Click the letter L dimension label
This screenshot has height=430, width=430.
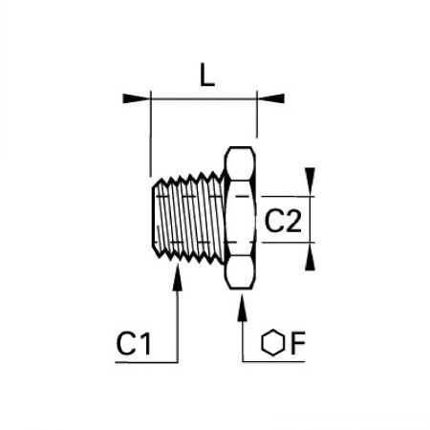(207, 75)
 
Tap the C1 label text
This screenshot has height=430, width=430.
(134, 343)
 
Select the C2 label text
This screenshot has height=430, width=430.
(283, 221)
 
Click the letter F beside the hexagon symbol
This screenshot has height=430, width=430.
(298, 343)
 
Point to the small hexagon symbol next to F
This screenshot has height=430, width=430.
(272, 342)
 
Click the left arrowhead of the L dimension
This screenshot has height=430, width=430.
(137, 98)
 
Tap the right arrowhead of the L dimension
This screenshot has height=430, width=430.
(270, 98)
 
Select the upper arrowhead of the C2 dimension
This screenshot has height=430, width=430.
(310, 182)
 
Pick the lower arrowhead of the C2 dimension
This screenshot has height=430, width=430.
(310, 256)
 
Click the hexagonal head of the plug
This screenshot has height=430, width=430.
(240, 218)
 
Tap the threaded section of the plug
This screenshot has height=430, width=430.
(188, 218)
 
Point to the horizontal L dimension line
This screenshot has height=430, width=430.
(204, 98)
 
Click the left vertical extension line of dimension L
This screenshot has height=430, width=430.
(150, 134)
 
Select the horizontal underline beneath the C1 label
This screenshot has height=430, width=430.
(146, 362)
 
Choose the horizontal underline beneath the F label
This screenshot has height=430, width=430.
(273, 361)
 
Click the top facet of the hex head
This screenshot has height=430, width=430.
(240, 163)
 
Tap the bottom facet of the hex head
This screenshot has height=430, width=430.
(240, 272)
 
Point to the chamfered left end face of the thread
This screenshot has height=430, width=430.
(155, 218)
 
